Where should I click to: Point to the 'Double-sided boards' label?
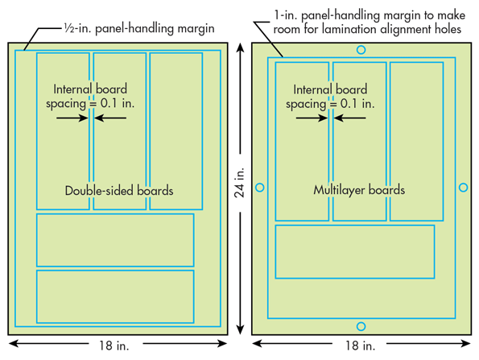click(x=119, y=191)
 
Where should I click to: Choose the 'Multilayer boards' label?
click(x=359, y=191)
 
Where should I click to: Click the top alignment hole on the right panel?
click(x=361, y=50)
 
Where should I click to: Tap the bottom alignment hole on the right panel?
click(x=361, y=326)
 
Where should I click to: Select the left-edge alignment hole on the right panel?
click(x=259, y=188)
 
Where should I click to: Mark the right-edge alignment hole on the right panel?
click(x=463, y=188)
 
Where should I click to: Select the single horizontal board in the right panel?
click(x=355, y=251)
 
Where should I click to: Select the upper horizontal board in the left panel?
click(x=115, y=240)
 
